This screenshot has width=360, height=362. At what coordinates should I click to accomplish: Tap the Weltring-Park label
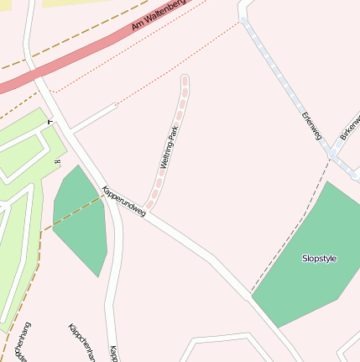[x=167, y=147]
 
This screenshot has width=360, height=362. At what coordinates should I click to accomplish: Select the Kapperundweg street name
[x=123, y=202]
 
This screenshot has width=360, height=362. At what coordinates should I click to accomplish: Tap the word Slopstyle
[x=319, y=259]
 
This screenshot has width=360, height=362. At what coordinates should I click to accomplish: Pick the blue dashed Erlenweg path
[x=285, y=84]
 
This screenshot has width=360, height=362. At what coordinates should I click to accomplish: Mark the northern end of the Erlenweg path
[x=244, y=19]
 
